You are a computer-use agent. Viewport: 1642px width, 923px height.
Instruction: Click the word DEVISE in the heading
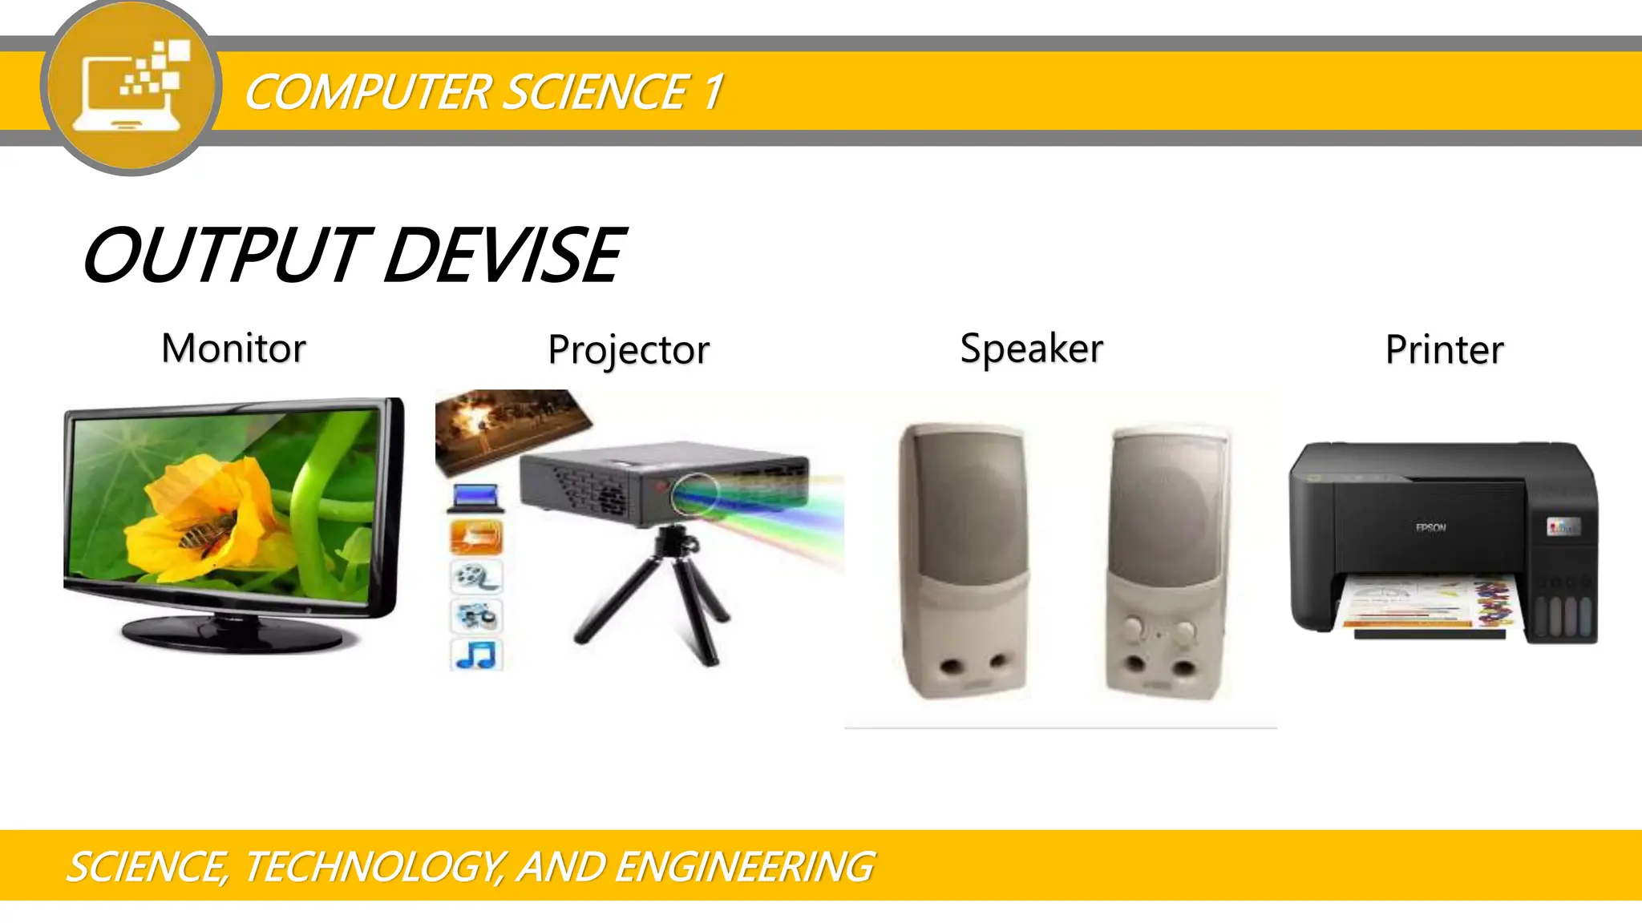[x=504, y=256]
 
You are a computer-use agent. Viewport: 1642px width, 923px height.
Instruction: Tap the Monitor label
[x=233, y=349]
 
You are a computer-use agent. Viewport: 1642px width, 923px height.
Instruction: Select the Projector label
[x=629, y=350]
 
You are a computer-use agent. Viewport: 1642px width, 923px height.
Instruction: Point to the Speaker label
[x=1031, y=349]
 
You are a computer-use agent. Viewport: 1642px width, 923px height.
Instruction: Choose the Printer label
[x=1444, y=350]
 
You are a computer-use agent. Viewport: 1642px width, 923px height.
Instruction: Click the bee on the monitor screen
[x=207, y=533]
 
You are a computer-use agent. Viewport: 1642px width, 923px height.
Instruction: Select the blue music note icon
[x=476, y=655]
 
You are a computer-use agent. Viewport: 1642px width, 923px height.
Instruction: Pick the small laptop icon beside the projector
[x=476, y=498]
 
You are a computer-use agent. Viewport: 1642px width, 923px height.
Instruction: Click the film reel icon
[x=476, y=576]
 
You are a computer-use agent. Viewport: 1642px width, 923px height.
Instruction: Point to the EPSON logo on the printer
[x=1430, y=527]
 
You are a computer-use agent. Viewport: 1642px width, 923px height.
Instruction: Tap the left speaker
[x=963, y=561]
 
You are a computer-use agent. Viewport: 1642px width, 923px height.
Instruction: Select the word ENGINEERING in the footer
[x=745, y=867]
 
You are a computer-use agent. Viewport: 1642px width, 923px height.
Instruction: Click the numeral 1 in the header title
[x=712, y=91]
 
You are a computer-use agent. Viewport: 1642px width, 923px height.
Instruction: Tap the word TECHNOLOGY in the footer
[x=372, y=867]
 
